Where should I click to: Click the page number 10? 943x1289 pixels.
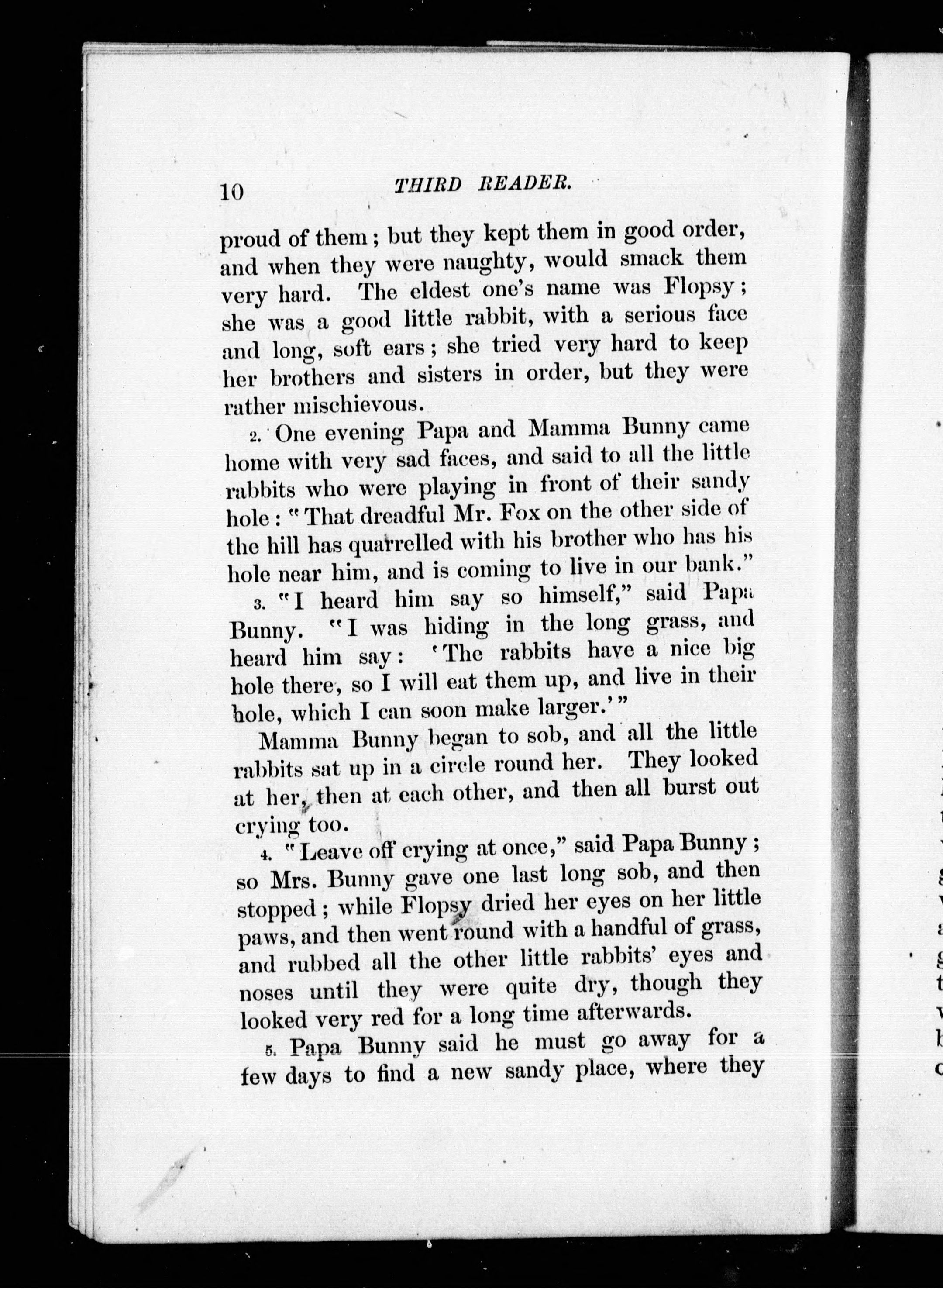232,191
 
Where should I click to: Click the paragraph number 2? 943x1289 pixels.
255,437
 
